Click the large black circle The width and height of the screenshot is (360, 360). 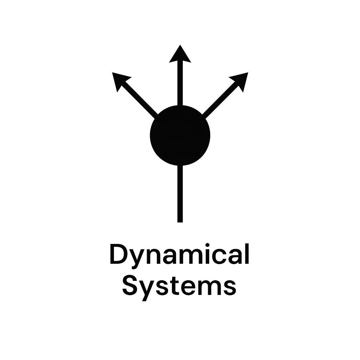coord(180,135)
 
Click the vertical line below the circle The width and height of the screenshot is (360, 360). coord(180,193)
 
